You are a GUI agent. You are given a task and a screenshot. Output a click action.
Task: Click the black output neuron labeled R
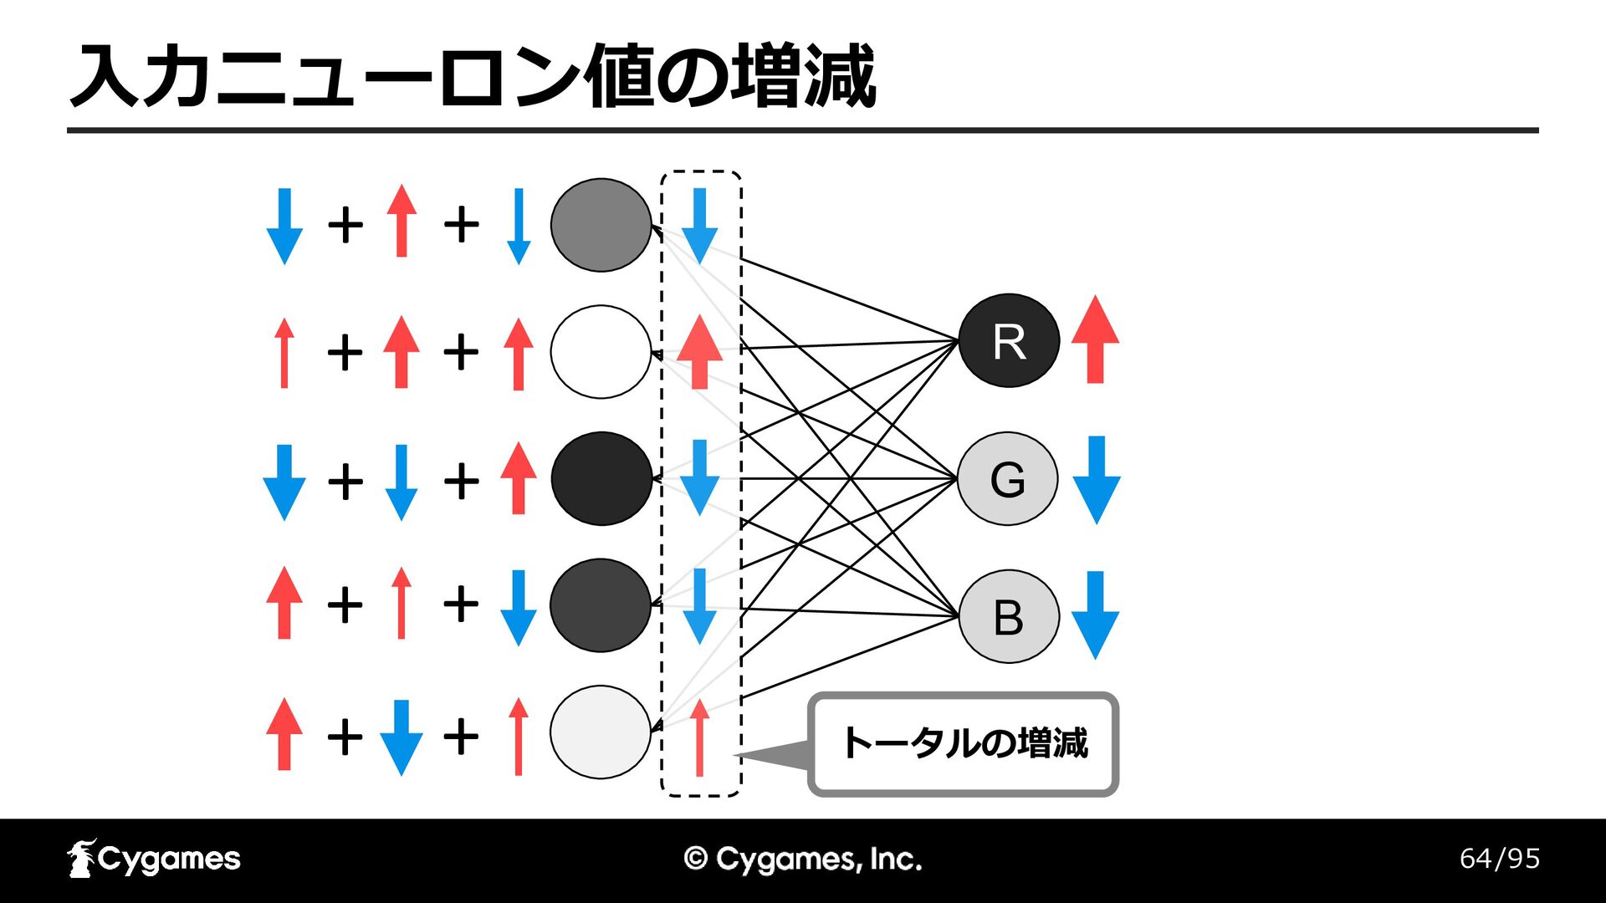tap(1009, 340)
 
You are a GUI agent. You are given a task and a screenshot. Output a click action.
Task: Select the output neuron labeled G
tap(1008, 478)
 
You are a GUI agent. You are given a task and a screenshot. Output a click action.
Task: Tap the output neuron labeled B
tap(1009, 617)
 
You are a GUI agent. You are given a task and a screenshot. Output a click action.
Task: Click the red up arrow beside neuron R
tap(1095, 339)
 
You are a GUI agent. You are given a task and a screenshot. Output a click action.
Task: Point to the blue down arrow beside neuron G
tap(1096, 480)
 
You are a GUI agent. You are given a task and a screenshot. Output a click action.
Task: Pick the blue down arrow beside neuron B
tap(1095, 615)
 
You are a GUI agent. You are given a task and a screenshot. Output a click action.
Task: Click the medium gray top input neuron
tap(601, 225)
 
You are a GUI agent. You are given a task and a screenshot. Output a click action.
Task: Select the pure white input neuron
tap(601, 351)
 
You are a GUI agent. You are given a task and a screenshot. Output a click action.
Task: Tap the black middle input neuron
tap(601, 478)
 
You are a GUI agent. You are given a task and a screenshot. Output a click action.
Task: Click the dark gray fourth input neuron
tap(601, 605)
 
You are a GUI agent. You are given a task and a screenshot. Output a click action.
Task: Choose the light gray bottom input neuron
tap(601, 732)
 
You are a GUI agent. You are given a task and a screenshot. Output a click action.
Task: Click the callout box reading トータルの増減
tap(963, 744)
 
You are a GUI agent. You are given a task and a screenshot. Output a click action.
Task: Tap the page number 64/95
tap(1500, 859)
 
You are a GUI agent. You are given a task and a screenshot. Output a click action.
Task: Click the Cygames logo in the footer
tap(154, 859)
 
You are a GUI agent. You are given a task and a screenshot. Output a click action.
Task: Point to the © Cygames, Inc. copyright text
tap(803, 860)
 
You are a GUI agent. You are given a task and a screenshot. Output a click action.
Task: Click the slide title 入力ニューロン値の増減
tap(473, 77)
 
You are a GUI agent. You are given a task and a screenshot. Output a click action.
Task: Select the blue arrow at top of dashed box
tap(699, 226)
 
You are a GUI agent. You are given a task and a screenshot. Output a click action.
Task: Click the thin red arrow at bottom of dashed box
tap(699, 737)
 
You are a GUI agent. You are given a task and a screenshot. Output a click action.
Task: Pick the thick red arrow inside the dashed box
tap(699, 351)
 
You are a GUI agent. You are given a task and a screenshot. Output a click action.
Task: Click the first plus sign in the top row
tap(345, 225)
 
